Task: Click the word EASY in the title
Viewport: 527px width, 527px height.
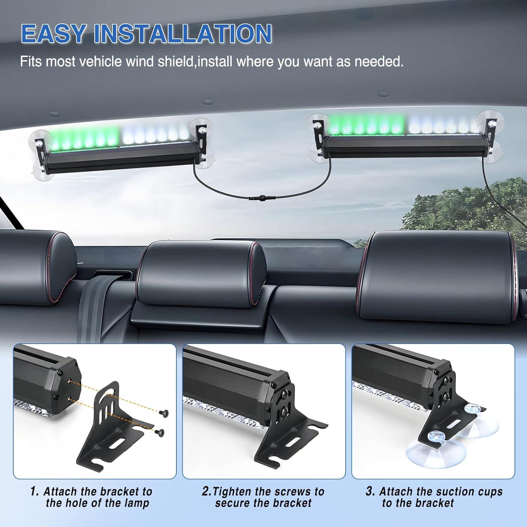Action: (53, 34)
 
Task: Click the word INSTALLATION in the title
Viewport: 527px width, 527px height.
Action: (183, 34)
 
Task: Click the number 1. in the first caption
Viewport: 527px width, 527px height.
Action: (34, 491)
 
